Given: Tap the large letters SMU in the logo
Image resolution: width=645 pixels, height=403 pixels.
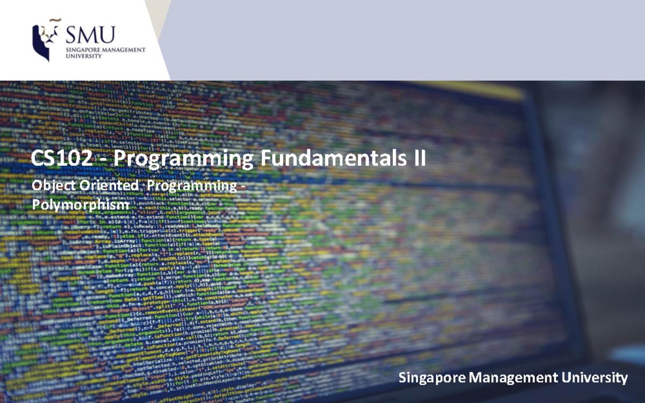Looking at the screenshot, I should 90,34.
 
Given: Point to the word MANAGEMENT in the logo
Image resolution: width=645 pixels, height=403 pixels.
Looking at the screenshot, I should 125,49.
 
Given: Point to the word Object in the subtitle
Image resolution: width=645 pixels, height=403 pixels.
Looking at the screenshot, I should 49,186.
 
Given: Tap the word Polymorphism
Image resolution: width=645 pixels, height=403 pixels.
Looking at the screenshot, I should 81,205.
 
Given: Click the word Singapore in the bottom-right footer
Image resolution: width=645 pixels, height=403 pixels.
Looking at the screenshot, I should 433,378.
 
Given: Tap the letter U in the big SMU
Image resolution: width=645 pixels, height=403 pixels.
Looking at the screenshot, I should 107,34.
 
